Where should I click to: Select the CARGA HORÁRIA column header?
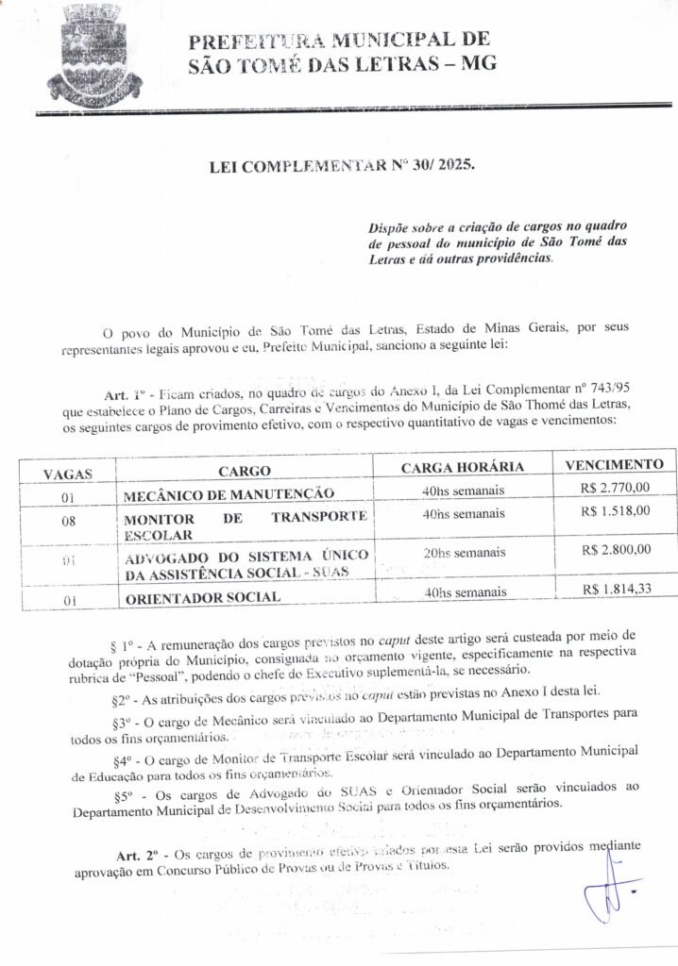click(x=463, y=469)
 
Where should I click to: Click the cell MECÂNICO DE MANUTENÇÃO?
click(x=229, y=492)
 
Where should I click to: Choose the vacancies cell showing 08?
click(x=67, y=520)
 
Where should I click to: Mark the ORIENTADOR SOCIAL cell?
click(x=201, y=597)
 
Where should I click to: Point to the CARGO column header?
click(x=245, y=471)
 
